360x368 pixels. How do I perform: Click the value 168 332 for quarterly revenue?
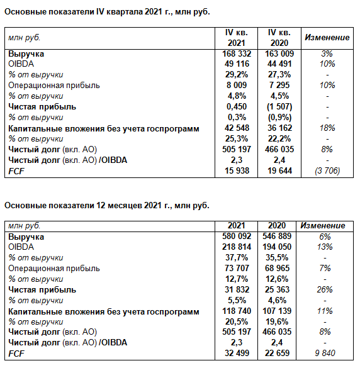[x=237, y=53]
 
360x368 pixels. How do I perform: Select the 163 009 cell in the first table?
[x=279, y=53]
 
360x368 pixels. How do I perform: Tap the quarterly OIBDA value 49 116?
[x=237, y=64]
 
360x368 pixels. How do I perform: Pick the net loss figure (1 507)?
[x=279, y=107]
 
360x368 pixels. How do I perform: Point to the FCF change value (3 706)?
[x=327, y=171]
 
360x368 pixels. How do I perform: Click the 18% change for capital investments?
[x=327, y=128]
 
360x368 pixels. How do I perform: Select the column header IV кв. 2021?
[x=237, y=38]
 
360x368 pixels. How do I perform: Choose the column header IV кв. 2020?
[x=279, y=38]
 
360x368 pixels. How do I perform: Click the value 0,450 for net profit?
[x=237, y=107]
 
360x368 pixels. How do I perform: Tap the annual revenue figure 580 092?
[x=237, y=236]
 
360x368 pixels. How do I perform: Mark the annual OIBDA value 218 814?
[x=237, y=247]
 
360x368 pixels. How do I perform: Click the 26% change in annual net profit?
[x=325, y=289]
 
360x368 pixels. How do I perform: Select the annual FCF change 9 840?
[x=325, y=353]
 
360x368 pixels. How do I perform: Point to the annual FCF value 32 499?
[x=237, y=353]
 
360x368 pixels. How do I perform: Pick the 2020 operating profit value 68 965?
[x=277, y=268]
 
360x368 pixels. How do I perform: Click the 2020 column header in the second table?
[x=277, y=226]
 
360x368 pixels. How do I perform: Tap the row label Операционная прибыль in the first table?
[x=54, y=86]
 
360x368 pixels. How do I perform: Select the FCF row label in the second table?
[x=16, y=354]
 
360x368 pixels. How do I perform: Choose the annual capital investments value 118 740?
[x=237, y=311]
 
